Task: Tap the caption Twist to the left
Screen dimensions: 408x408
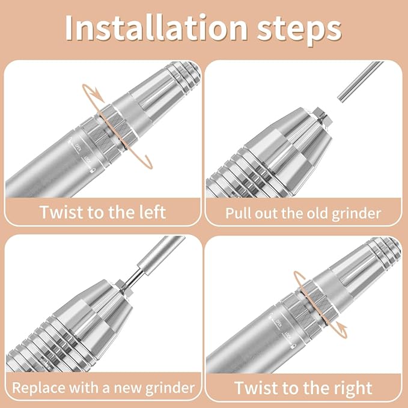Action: tap(102, 212)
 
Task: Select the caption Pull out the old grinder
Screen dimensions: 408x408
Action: tap(303, 213)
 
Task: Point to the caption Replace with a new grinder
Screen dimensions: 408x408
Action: tap(102, 388)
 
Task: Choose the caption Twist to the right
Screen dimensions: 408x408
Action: tap(303, 388)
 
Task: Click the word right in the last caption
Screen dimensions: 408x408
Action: tap(351, 388)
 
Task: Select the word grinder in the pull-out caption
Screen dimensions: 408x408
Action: tap(358, 213)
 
